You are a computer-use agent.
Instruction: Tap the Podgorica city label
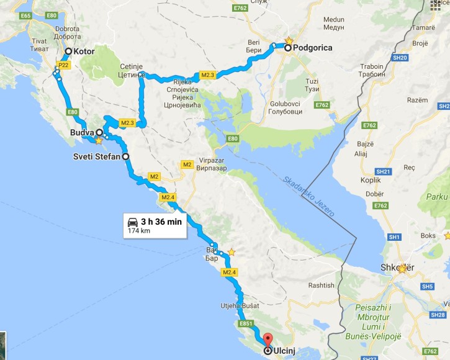pos(314,48)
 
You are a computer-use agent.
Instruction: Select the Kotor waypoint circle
pos(68,52)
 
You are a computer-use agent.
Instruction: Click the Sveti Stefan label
pos(97,156)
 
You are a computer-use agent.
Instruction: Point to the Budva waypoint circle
pos(99,132)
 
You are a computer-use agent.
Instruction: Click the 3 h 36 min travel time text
pos(162,222)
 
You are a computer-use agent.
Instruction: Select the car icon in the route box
pos(132,222)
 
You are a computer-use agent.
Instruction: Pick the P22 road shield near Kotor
pos(63,65)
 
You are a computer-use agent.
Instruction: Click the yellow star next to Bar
pos(232,252)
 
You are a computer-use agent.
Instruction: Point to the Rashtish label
pos(322,285)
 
